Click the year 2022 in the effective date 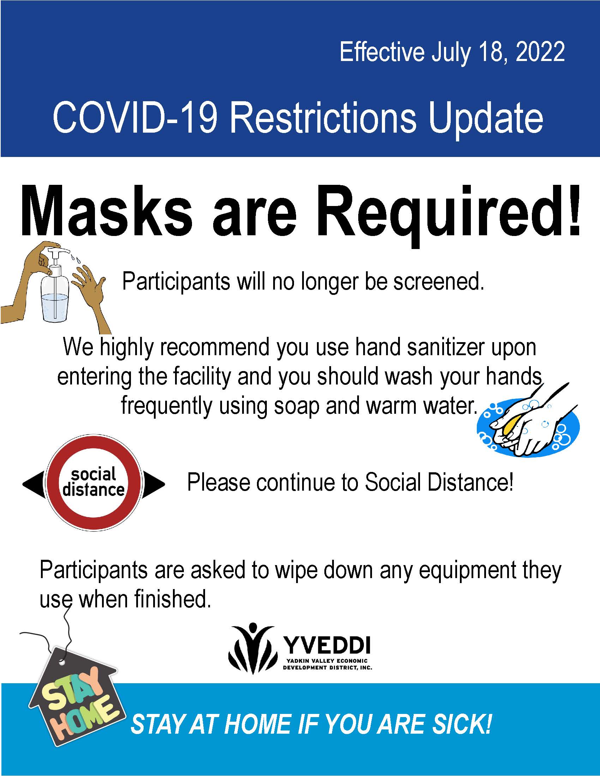click(x=540, y=52)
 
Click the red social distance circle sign click(x=94, y=484)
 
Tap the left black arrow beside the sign click(x=34, y=484)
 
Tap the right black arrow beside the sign click(x=154, y=484)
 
